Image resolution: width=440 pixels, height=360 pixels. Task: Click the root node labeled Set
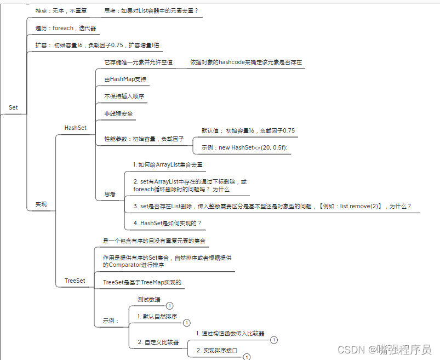[x=13, y=107]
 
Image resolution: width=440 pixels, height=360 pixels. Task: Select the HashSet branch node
[x=75, y=128]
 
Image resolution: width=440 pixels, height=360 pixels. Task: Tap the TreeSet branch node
[x=75, y=281]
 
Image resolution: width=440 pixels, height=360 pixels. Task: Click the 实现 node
[x=41, y=204]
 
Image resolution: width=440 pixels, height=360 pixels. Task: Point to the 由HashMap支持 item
[x=125, y=79]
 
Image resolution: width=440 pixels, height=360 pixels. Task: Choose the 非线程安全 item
[x=119, y=114]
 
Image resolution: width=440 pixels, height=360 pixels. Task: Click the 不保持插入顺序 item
[x=124, y=96]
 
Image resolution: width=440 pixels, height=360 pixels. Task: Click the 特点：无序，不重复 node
[x=61, y=10]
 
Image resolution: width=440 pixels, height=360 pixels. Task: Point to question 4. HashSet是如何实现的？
[x=167, y=224]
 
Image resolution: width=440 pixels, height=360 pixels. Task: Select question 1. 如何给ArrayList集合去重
[x=169, y=164]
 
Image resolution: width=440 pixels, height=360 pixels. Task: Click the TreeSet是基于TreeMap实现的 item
[x=142, y=283]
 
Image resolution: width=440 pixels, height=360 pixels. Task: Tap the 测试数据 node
[x=149, y=300]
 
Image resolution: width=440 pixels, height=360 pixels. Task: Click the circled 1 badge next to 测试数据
[x=170, y=306]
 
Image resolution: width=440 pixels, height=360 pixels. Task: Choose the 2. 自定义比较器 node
[x=158, y=342]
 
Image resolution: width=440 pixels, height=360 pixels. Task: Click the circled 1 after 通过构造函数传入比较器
[x=274, y=340]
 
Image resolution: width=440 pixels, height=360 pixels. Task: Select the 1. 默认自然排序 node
[x=157, y=317]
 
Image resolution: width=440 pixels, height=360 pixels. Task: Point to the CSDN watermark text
[x=384, y=349]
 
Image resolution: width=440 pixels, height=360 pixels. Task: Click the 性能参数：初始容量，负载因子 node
[x=144, y=139]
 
